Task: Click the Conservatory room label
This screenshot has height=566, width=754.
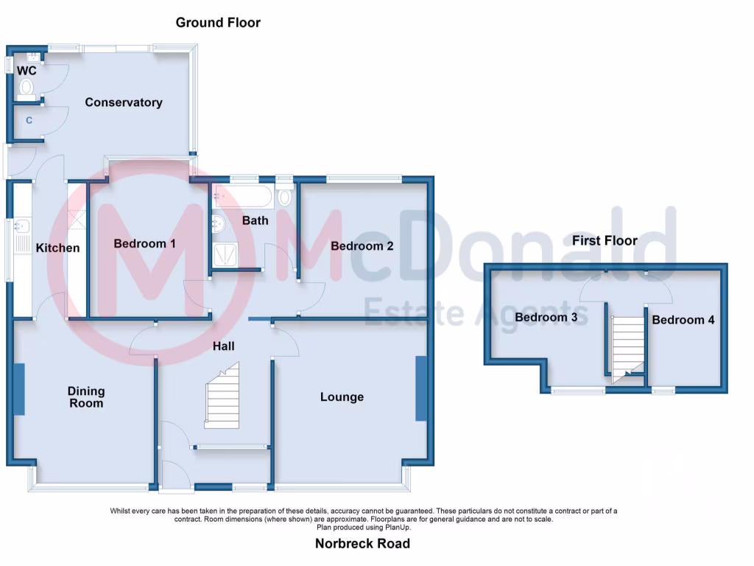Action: point(123,102)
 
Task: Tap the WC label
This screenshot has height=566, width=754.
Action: point(27,71)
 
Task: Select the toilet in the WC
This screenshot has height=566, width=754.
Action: point(27,89)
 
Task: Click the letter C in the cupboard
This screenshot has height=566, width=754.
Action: point(29,119)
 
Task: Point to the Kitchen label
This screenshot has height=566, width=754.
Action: point(57,248)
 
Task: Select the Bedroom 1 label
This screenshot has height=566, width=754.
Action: point(144,243)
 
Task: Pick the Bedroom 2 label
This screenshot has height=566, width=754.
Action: point(362,245)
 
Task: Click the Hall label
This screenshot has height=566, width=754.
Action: point(224,345)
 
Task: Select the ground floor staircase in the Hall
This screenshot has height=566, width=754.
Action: point(222,401)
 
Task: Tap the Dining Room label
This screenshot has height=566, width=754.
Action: point(86,397)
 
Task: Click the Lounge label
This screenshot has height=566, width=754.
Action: point(342,397)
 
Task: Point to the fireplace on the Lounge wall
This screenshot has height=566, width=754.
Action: point(420,388)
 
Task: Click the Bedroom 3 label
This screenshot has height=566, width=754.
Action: point(546,318)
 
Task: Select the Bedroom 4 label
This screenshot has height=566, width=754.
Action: point(683,320)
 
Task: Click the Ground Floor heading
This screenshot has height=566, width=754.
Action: point(218,23)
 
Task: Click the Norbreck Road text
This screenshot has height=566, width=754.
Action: point(362,544)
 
